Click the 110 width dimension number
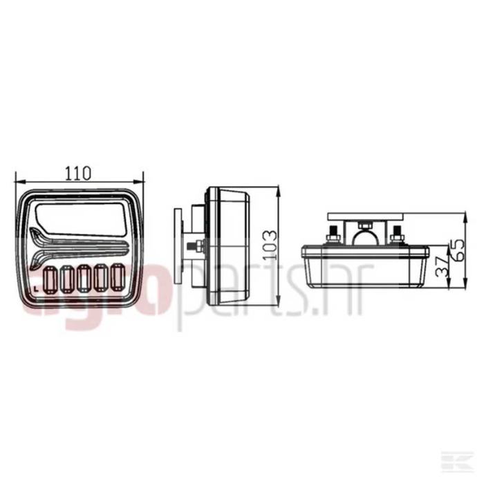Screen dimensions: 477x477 (x=78, y=173)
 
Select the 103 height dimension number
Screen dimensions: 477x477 (x=270, y=245)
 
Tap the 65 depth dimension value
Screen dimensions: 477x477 (x=458, y=250)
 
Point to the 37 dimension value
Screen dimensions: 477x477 (x=442, y=266)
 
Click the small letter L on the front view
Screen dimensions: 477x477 (x=37, y=288)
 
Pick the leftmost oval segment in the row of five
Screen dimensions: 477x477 (x=50, y=279)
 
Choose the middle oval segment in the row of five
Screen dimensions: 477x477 (x=84, y=278)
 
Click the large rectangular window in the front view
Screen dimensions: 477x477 (x=82, y=218)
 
